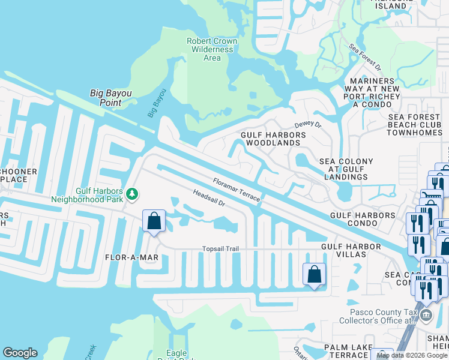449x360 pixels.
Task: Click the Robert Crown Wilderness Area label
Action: pyautogui.click(x=212, y=49)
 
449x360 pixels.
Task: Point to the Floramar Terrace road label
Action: pyautogui.click(x=237, y=189)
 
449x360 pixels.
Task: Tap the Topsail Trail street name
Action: pyautogui.click(x=220, y=249)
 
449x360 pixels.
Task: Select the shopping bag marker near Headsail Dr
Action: pyautogui.click(x=154, y=221)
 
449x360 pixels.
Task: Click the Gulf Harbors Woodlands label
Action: pyautogui.click(x=273, y=139)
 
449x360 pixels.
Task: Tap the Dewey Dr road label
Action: pyautogui.click(x=308, y=125)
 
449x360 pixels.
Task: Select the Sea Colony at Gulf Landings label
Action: pyautogui.click(x=346, y=169)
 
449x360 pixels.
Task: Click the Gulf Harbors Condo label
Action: pyautogui.click(x=363, y=219)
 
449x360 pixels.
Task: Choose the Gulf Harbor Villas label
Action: pyautogui.click(x=351, y=251)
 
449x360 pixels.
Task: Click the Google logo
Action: pyautogui.click(x=20, y=353)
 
